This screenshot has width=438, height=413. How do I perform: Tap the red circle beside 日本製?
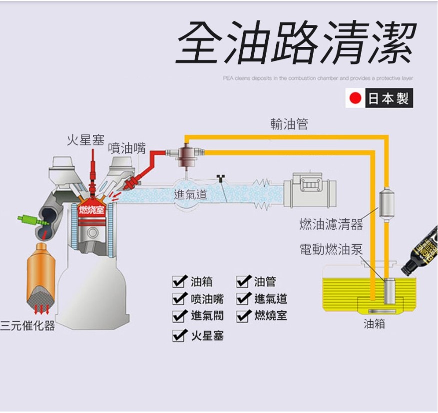coord(355,98)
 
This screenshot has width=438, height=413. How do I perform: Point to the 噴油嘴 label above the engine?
coord(127,148)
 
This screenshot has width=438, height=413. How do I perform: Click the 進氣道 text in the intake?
coord(190,195)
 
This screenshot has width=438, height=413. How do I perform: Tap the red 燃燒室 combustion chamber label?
coord(92,209)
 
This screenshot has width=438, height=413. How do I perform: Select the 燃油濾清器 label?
coord(331,225)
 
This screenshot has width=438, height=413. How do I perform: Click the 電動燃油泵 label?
coord(331,249)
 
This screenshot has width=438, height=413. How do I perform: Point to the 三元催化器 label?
coord(27,326)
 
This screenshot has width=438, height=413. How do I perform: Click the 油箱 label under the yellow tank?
coord(375,324)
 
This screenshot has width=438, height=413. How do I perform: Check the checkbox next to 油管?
coord(243,282)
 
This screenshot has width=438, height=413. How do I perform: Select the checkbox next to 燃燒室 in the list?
coord(243,316)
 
